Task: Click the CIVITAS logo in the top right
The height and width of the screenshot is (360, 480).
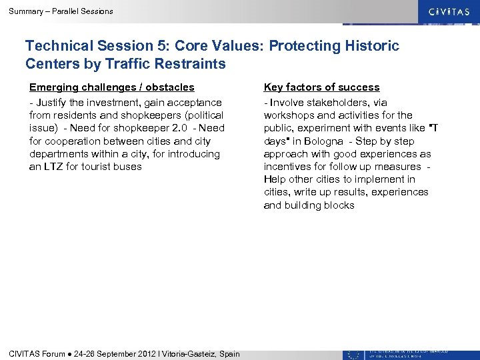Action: point(443,11)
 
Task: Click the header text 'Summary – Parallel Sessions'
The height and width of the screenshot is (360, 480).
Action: point(61,11)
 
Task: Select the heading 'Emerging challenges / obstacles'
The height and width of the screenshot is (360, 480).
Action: point(111,87)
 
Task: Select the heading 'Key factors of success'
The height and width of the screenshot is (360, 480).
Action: point(321,87)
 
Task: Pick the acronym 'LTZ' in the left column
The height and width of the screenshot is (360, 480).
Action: point(55,166)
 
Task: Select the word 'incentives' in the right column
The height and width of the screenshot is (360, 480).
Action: point(287,166)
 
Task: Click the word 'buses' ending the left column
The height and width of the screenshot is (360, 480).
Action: point(129,166)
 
